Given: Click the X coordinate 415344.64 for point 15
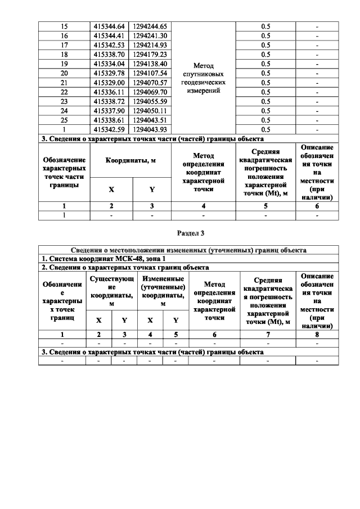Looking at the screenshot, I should click(110, 27).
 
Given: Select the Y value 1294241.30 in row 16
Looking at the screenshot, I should click(149, 36).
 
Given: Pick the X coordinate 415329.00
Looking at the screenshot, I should click(110, 83).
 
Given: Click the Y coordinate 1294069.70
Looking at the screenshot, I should click(149, 92).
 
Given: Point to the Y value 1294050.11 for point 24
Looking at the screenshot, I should click(149, 110).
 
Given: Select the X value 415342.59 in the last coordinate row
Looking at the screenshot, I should click(110, 129).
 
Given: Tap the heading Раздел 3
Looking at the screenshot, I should click(188, 233).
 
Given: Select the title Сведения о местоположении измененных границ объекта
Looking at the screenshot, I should click(188, 250).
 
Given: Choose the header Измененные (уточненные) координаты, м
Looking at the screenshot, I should click(163, 291).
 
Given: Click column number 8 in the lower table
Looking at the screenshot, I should click(317, 334).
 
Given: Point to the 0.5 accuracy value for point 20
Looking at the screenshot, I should click(264, 73).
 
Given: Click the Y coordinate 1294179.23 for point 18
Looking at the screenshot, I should click(149, 55).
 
